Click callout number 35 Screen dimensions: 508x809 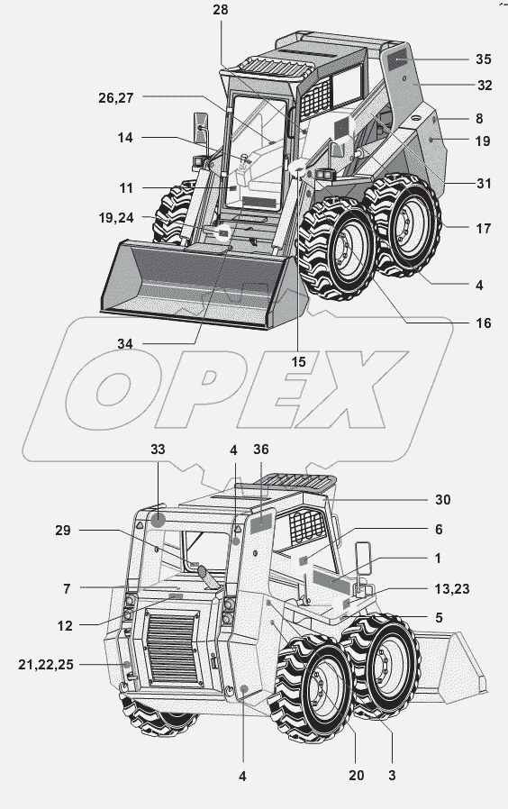[x=484, y=59]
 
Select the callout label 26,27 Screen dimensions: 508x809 [x=116, y=98]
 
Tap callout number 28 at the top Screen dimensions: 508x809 [x=220, y=10]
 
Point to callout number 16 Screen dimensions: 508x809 [x=484, y=323]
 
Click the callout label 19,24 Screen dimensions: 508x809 [x=116, y=218]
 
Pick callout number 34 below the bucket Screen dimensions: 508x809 [x=125, y=343]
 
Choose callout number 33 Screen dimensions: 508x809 [x=158, y=450]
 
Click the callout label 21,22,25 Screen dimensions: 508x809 [x=46, y=665]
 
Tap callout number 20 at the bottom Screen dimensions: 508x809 [x=357, y=775]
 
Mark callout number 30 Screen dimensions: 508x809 [x=442, y=499]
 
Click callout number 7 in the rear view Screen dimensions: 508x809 [x=67, y=588]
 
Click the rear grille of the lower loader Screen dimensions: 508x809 [x=173, y=648]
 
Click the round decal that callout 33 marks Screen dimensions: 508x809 [x=158, y=520]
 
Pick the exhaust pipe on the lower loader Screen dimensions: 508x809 [x=208, y=577]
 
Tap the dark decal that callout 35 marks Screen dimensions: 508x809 [x=397, y=61]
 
